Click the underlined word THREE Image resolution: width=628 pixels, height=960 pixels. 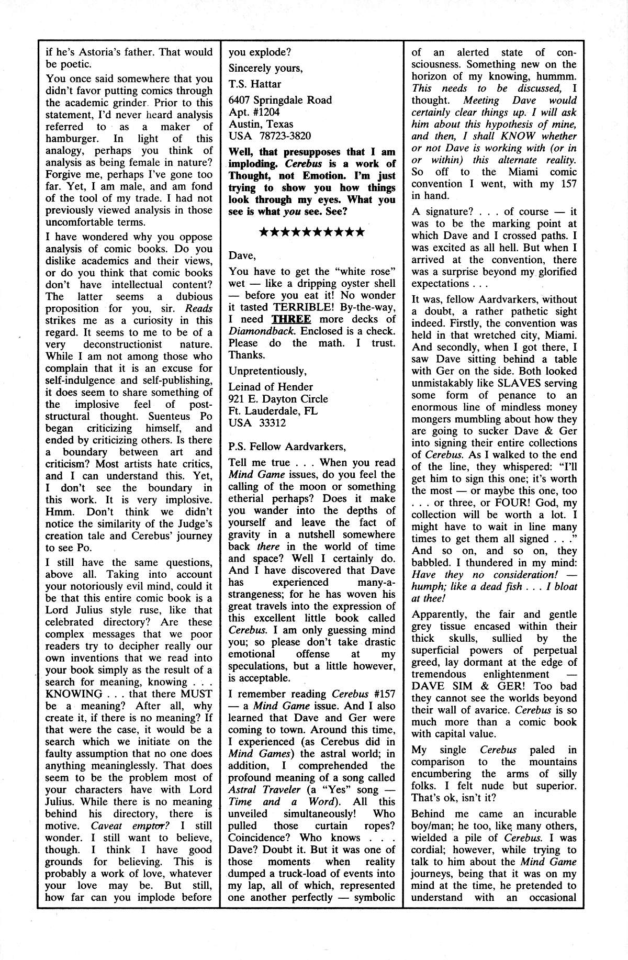tap(292, 319)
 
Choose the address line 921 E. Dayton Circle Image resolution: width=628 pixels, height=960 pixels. tap(278, 399)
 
